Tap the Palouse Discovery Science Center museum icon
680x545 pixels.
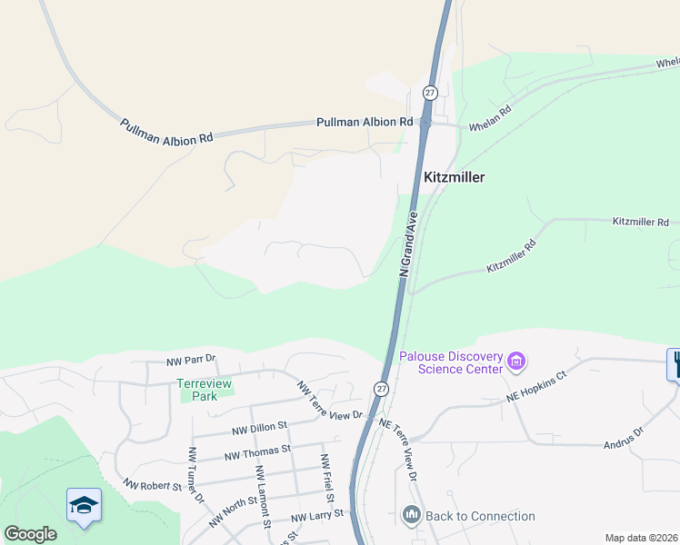(x=517, y=362)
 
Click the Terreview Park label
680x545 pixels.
(x=205, y=390)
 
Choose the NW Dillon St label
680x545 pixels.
(x=259, y=425)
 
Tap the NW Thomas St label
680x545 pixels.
(x=261, y=449)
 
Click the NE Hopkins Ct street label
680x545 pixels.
(x=535, y=387)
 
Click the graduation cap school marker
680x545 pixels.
(x=84, y=505)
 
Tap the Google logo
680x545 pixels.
(x=30, y=534)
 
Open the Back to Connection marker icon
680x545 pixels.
(x=411, y=516)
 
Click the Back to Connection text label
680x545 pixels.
(x=480, y=516)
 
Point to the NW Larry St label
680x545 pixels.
(x=319, y=516)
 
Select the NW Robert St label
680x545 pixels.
(x=154, y=485)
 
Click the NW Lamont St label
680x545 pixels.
(x=263, y=496)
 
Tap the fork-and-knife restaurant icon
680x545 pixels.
(x=674, y=364)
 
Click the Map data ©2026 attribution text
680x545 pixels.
(x=641, y=538)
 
